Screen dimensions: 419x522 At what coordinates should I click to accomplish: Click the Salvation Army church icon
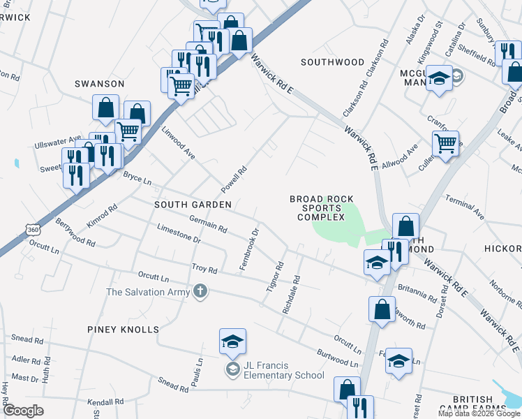tap(200, 291)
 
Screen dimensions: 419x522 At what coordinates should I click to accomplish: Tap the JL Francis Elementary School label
tap(283, 369)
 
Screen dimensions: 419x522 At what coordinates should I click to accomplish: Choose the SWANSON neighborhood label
tap(100, 84)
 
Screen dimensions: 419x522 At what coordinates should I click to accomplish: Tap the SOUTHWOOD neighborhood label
tap(332, 62)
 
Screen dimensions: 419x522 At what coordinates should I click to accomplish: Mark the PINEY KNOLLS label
tap(124, 329)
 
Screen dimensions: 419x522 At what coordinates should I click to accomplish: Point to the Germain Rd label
tap(208, 224)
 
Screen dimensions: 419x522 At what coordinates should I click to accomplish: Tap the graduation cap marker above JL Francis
tap(232, 341)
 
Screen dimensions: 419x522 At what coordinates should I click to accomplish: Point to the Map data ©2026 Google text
tap(479, 413)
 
